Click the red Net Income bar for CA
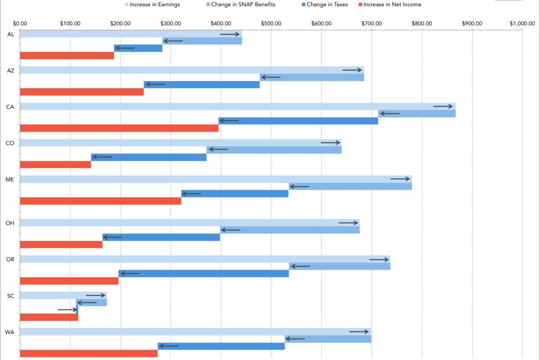coord(119,128)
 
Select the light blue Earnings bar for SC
coord(63,296)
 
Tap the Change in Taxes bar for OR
coord(203,274)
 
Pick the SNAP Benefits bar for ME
coord(350,186)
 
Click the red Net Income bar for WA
coord(89,354)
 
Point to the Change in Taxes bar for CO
coord(148,157)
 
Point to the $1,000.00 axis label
coord(522,23)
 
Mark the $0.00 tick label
coord(20,23)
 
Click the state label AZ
coord(11,70)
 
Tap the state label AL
coord(11,34)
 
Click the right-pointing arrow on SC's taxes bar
coord(68,310)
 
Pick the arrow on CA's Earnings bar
coord(443,106)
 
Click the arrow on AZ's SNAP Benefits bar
coord(271,77)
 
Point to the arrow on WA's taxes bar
coord(169,346)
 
